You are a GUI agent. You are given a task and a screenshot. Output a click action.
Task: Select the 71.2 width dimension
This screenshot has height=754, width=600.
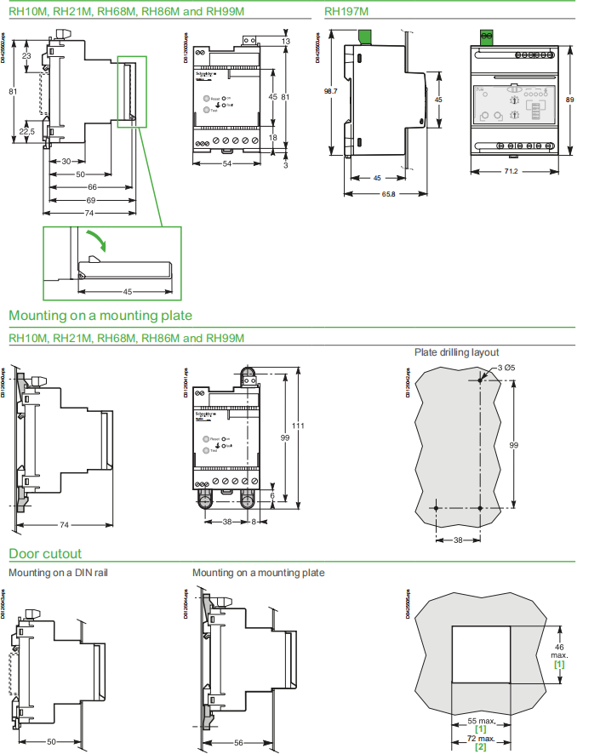[x=511, y=171]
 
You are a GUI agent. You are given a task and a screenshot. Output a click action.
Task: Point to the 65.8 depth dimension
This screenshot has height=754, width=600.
[x=387, y=194]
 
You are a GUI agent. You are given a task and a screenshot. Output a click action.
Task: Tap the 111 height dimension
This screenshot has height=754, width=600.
[x=298, y=426]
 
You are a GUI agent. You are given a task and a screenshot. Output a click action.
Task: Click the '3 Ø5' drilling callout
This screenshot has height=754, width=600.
[x=499, y=367]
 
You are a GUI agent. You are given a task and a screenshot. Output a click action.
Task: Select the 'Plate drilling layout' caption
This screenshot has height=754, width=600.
[x=456, y=352]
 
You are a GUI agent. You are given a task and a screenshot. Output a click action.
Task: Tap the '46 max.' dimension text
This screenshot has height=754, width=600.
[x=559, y=650]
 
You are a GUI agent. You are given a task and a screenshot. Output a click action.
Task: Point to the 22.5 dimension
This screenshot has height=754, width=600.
[x=27, y=131]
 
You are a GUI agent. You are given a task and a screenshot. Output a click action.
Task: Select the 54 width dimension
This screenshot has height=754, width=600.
[x=227, y=163]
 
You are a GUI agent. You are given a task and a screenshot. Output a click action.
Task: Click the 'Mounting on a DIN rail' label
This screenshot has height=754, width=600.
[x=58, y=573]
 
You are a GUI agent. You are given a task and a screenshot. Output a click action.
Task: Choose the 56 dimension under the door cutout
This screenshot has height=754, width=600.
[x=239, y=742]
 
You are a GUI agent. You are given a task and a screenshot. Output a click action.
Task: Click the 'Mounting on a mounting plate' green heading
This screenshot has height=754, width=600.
[x=100, y=316]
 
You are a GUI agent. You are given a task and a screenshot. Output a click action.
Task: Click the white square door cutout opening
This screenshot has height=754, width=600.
[x=480, y=654]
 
